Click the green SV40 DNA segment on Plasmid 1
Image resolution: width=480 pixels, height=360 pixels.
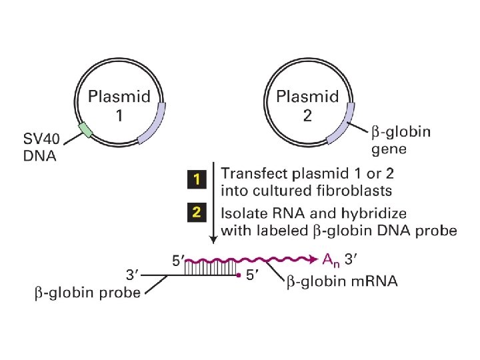(x=85, y=130)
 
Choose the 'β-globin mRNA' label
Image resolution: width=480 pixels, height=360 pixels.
(x=342, y=282)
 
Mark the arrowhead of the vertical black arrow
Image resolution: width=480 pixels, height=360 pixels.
(x=213, y=241)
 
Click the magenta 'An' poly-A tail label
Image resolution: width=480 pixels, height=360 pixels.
(x=331, y=259)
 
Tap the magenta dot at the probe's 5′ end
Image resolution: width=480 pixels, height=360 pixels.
(x=239, y=274)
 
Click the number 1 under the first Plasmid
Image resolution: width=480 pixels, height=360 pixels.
(x=119, y=116)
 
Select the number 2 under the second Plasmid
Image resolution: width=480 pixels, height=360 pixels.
(x=307, y=116)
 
